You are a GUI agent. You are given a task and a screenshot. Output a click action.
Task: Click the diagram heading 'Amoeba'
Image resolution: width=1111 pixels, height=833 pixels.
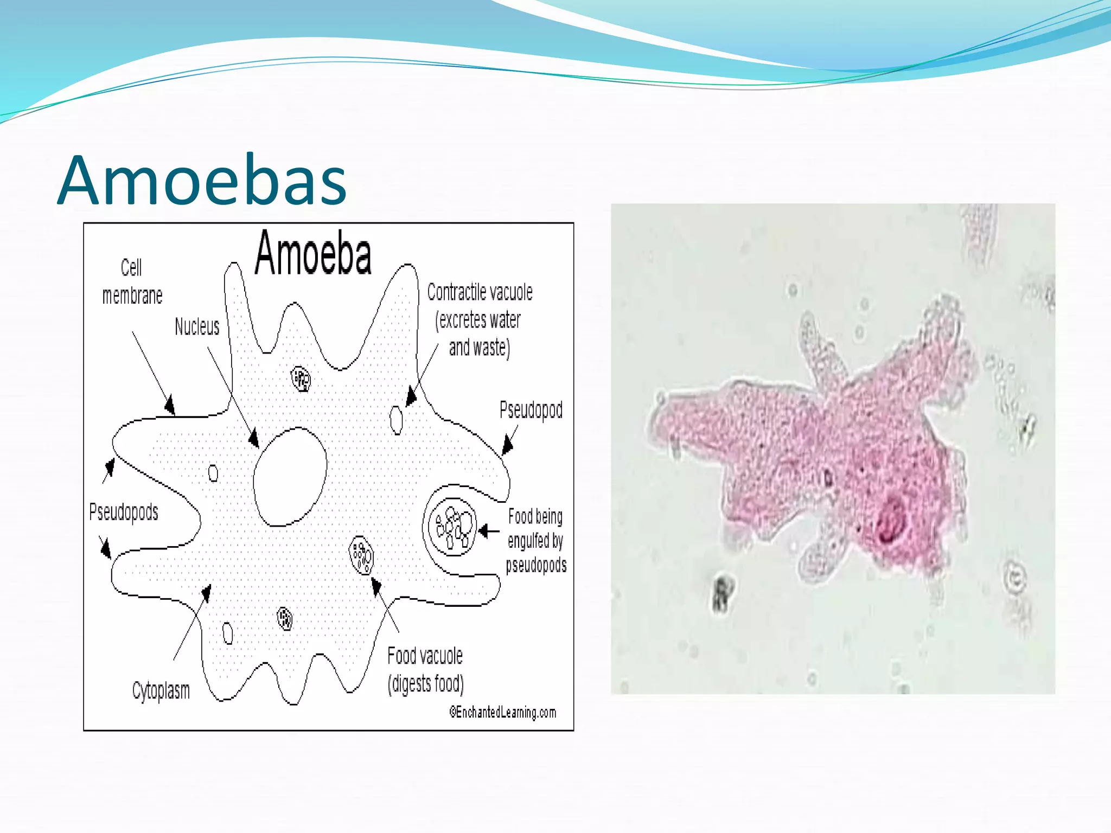tap(313, 253)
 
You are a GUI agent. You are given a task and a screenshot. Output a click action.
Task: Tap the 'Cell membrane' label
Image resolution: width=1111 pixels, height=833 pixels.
tap(132, 282)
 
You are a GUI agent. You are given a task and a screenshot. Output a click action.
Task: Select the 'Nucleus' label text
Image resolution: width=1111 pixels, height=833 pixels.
tap(197, 326)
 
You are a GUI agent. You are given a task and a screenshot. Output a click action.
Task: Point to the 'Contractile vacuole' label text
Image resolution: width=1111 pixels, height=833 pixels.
tap(480, 293)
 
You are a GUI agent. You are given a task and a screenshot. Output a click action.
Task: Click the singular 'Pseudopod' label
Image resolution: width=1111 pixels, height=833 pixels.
tap(531, 410)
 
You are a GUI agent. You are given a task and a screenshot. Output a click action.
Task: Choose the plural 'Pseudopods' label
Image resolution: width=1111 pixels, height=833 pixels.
tap(124, 512)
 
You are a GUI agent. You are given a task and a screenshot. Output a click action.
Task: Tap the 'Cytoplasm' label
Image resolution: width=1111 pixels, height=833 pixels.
tap(161, 691)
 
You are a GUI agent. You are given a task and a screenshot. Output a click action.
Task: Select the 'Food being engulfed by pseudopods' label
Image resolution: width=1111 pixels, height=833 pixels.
tap(535, 541)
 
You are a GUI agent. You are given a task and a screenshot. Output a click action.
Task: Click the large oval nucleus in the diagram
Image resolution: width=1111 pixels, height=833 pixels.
tap(290, 476)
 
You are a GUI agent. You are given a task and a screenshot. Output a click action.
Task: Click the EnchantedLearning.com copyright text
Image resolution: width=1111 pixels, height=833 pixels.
tap(503, 712)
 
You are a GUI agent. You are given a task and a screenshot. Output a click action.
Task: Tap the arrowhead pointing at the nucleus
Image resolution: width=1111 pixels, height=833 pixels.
tap(253, 438)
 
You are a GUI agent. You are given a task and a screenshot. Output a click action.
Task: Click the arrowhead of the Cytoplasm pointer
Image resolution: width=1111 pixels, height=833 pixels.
tap(206, 593)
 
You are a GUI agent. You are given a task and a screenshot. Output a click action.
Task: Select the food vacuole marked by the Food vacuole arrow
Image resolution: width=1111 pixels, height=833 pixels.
tap(361, 555)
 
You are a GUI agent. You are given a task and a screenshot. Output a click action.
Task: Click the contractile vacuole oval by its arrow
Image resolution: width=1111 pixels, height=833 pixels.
tap(397, 420)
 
